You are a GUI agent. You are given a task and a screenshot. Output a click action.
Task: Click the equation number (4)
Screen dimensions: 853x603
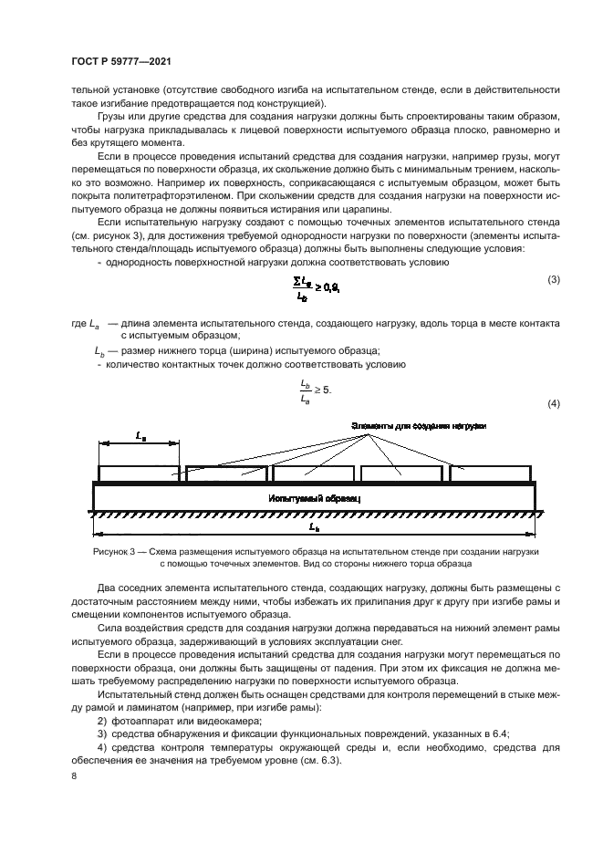(553, 404)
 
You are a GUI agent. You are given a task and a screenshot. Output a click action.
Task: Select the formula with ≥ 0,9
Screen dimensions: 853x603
(316, 289)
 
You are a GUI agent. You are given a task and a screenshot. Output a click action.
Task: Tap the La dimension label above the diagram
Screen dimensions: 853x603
(140, 438)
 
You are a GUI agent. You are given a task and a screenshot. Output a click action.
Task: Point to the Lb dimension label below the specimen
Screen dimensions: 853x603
(314, 528)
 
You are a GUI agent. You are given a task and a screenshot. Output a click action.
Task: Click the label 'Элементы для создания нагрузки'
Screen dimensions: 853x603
(419, 426)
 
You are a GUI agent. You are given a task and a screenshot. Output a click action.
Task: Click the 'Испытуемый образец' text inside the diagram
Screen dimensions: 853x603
(315, 499)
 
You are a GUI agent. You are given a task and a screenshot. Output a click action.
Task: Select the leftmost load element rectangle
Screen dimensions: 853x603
(140, 473)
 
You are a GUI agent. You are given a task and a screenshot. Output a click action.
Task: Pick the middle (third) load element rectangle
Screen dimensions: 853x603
(314, 473)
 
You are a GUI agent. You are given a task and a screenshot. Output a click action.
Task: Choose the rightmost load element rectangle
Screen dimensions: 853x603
(490, 473)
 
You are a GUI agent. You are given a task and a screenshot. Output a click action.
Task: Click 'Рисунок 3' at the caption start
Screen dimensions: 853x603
(112, 552)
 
